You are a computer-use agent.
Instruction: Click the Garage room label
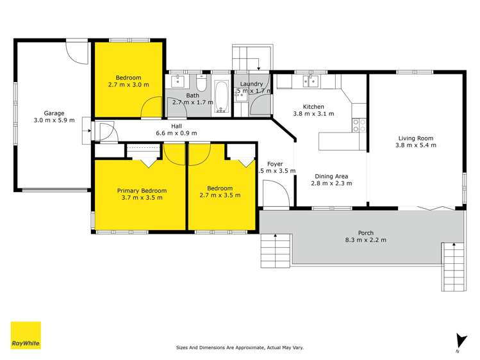(x=54, y=113)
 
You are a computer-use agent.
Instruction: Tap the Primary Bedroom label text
(x=141, y=190)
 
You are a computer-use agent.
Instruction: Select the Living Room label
(x=416, y=138)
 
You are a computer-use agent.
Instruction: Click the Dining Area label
(x=331, y=176)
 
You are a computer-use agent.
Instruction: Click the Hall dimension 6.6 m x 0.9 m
(x=176, y=133)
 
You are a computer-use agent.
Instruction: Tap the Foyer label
(x=274, y=164)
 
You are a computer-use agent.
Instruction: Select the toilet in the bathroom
(x=201, y=83)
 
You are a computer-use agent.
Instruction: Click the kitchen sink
(x=310, y=81)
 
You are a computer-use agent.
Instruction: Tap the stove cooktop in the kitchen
(x=359, y=125)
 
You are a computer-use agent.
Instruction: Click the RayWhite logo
(x=26, y=336)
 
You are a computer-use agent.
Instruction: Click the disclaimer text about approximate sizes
(x=240, y=348)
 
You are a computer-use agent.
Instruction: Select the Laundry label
(x=251, y=84)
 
